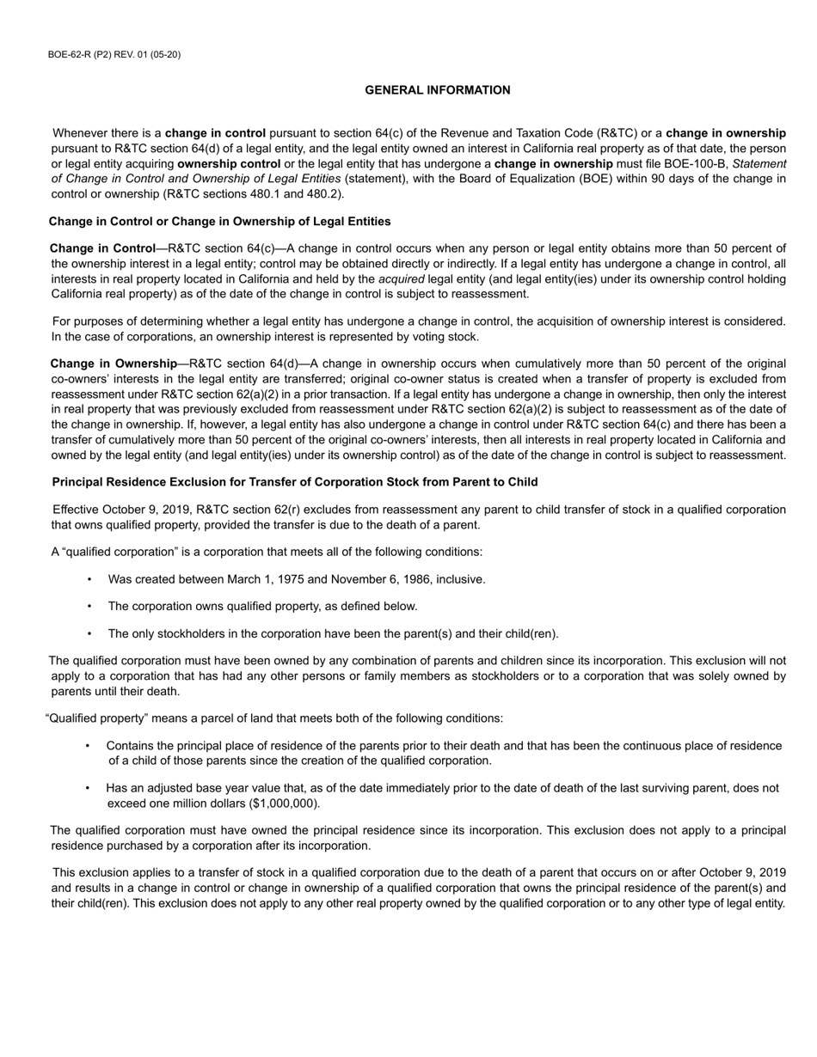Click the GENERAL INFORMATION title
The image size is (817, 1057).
pos(437,90)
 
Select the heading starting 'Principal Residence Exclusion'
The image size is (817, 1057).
pos(295,482)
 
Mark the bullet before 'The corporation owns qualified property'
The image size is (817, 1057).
pos(89,607)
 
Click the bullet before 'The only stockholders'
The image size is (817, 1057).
pos(89,634)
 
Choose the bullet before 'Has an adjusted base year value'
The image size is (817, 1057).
pos(88,788)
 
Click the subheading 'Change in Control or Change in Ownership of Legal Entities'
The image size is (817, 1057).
pos(219,222)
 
